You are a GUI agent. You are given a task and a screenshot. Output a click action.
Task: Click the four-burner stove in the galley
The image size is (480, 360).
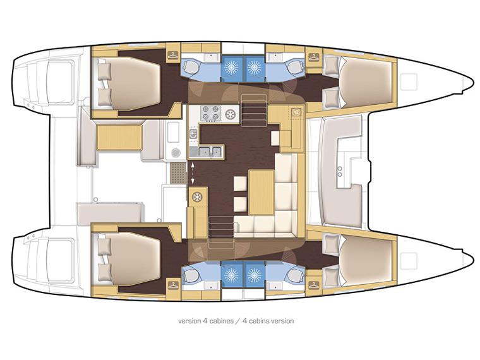[209, 114]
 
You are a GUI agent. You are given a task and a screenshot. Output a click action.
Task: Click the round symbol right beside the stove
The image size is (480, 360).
[230, 114]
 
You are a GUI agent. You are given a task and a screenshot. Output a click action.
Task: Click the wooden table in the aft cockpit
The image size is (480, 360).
[118, 137]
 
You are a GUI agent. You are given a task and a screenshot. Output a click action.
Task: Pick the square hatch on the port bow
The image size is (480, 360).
[409, 81]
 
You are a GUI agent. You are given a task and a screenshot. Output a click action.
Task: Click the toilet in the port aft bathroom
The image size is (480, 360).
[190, 66]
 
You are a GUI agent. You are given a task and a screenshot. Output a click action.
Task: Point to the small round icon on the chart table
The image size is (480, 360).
[294, 111]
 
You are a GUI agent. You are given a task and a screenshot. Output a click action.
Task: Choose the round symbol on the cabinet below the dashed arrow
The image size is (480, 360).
[198, 197]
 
